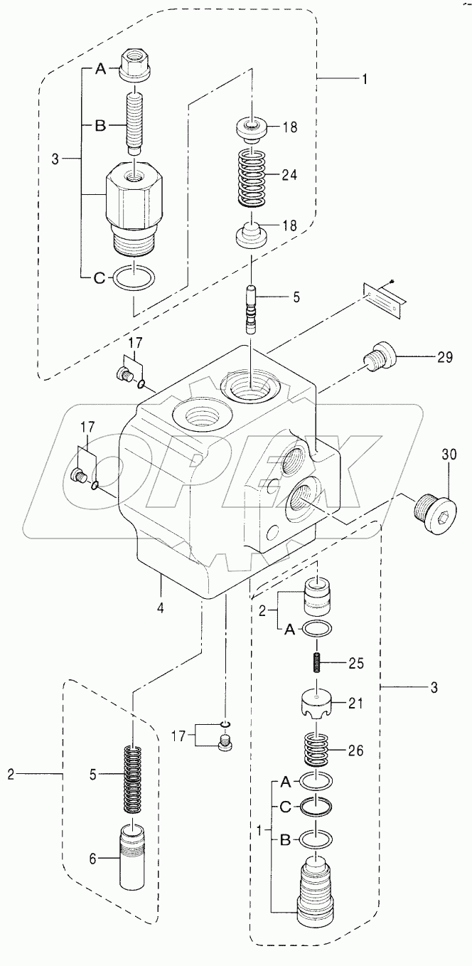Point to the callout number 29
point(444,358)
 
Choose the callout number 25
point(356,664)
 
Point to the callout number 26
point(356,749)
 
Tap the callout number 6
point(92,859)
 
